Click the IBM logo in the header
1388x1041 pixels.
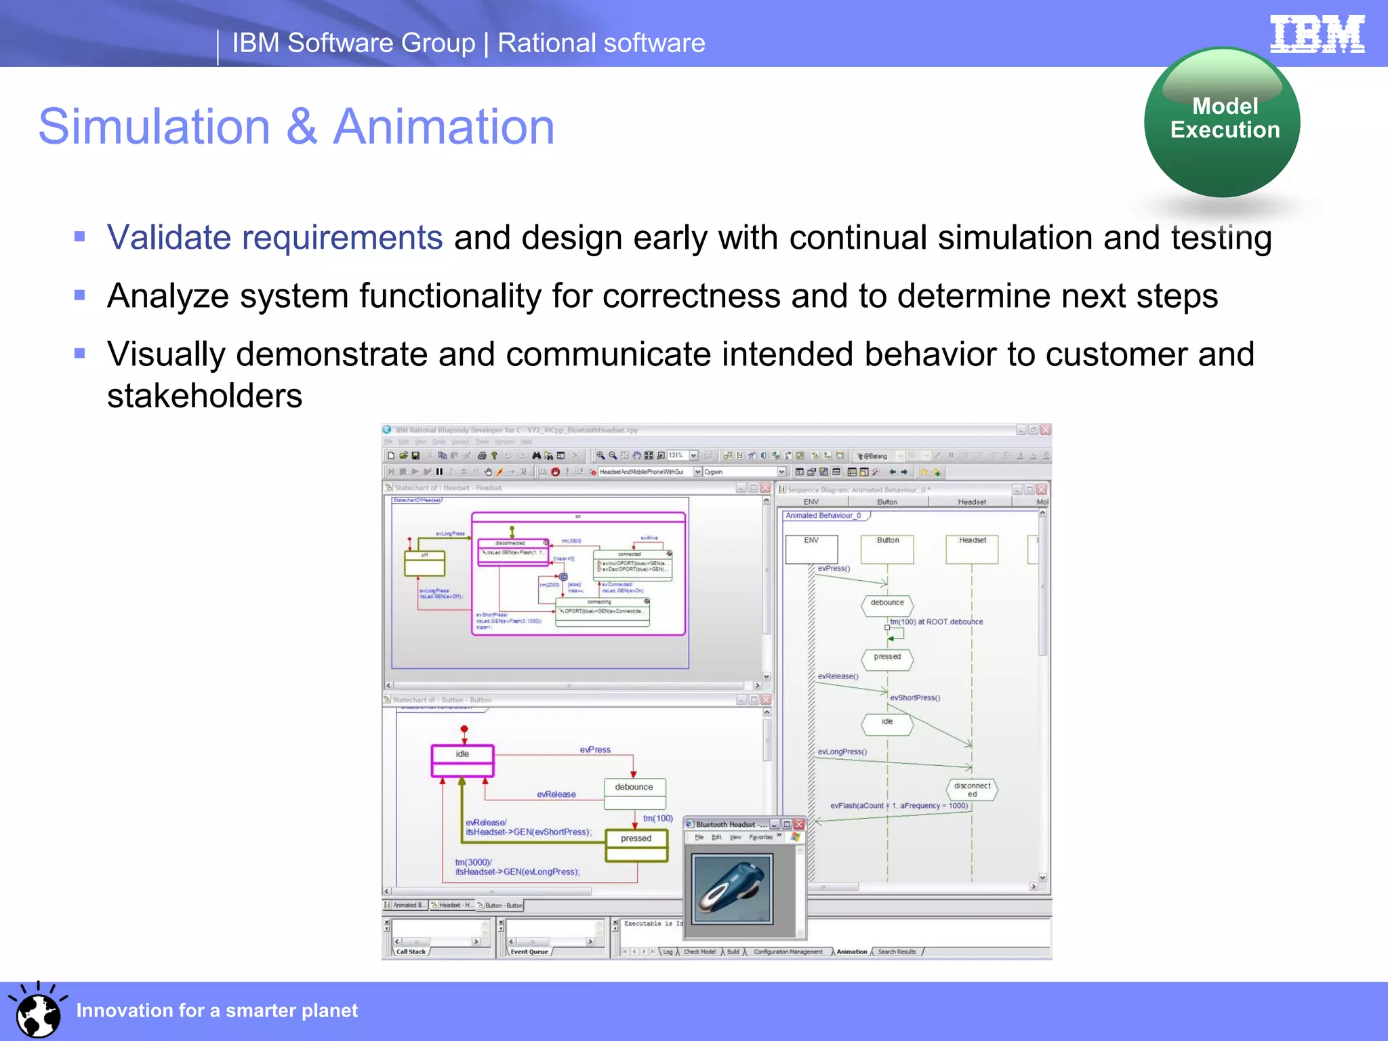pos(1317,34)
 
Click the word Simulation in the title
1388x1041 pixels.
pos(155,127)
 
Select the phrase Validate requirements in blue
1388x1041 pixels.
pos(274,238)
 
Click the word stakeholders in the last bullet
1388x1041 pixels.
pos(204,396)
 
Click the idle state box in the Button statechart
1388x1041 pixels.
pos(462,760)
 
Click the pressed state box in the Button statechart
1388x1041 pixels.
pos(636,844)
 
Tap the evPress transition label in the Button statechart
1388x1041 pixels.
pos(594,750)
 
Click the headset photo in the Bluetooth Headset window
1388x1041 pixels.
pos(732,889)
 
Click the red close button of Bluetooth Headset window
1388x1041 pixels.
pos(799,824)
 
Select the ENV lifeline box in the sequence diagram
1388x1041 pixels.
pos(811,548)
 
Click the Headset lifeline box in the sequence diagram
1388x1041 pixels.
pos(972,548)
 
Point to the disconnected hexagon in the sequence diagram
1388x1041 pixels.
pos(972,790)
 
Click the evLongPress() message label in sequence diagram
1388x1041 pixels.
pos(842,752)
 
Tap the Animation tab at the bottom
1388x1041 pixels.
pos(851,952)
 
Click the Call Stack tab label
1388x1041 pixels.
pos(411,952)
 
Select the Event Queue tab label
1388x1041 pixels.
pos(529,952)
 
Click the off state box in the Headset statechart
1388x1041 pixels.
pos(424,563)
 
